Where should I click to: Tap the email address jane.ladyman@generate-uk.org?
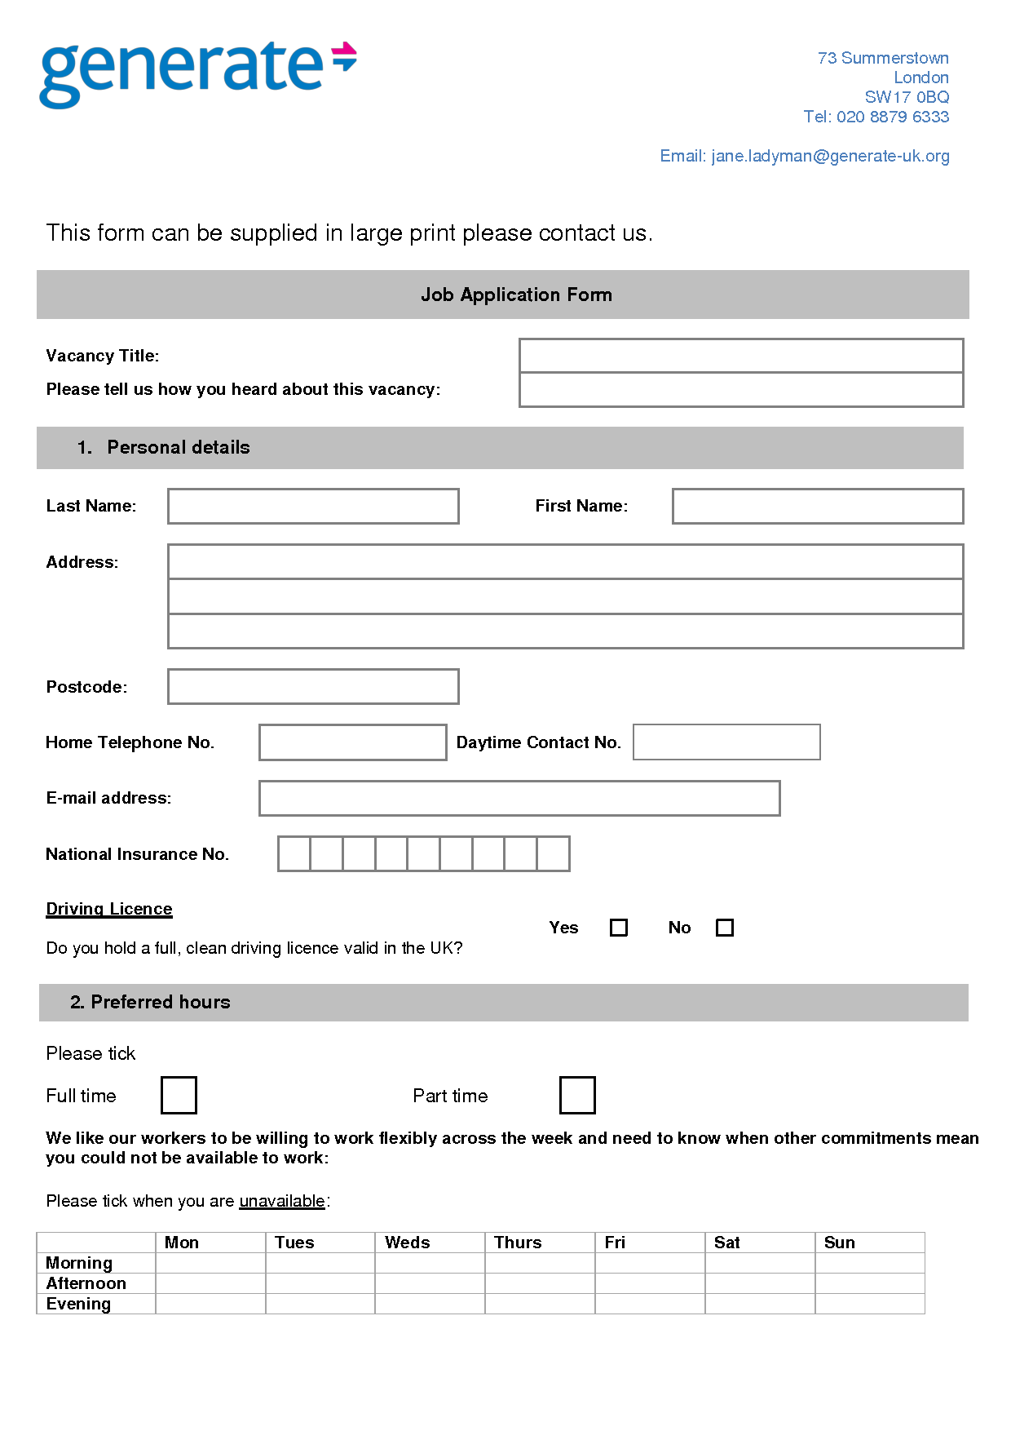(830, 156)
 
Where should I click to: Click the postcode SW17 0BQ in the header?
(907, 97)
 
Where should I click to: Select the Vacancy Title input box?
(740, 356)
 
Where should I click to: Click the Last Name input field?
(313, 506)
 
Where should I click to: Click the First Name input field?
(817, 506)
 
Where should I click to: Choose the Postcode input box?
(313, 686)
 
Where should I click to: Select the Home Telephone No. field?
(352, 742)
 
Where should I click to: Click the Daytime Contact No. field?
(726, 742)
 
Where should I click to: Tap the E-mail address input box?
(519, 798)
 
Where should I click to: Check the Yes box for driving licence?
(619, 928)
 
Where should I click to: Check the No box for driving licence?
(724, 928)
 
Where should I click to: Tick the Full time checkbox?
(179, 1095)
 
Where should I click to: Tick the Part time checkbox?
(577, 1095)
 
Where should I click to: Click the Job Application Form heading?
(516, 295)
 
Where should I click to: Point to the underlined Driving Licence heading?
(109, 909)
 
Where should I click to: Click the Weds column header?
(408, 1243)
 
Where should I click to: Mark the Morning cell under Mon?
(210, 1263)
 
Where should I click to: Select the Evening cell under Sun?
(869, 1304)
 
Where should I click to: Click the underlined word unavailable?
(282, 1201)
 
